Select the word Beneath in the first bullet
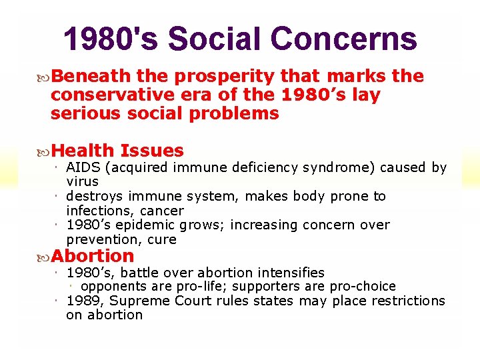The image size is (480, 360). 83,77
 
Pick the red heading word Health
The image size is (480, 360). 83,151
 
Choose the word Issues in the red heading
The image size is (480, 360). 152,151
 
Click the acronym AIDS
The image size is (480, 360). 83,167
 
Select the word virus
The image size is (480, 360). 82,181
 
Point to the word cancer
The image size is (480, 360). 163,211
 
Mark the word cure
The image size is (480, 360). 163,239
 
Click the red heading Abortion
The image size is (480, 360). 93,256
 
